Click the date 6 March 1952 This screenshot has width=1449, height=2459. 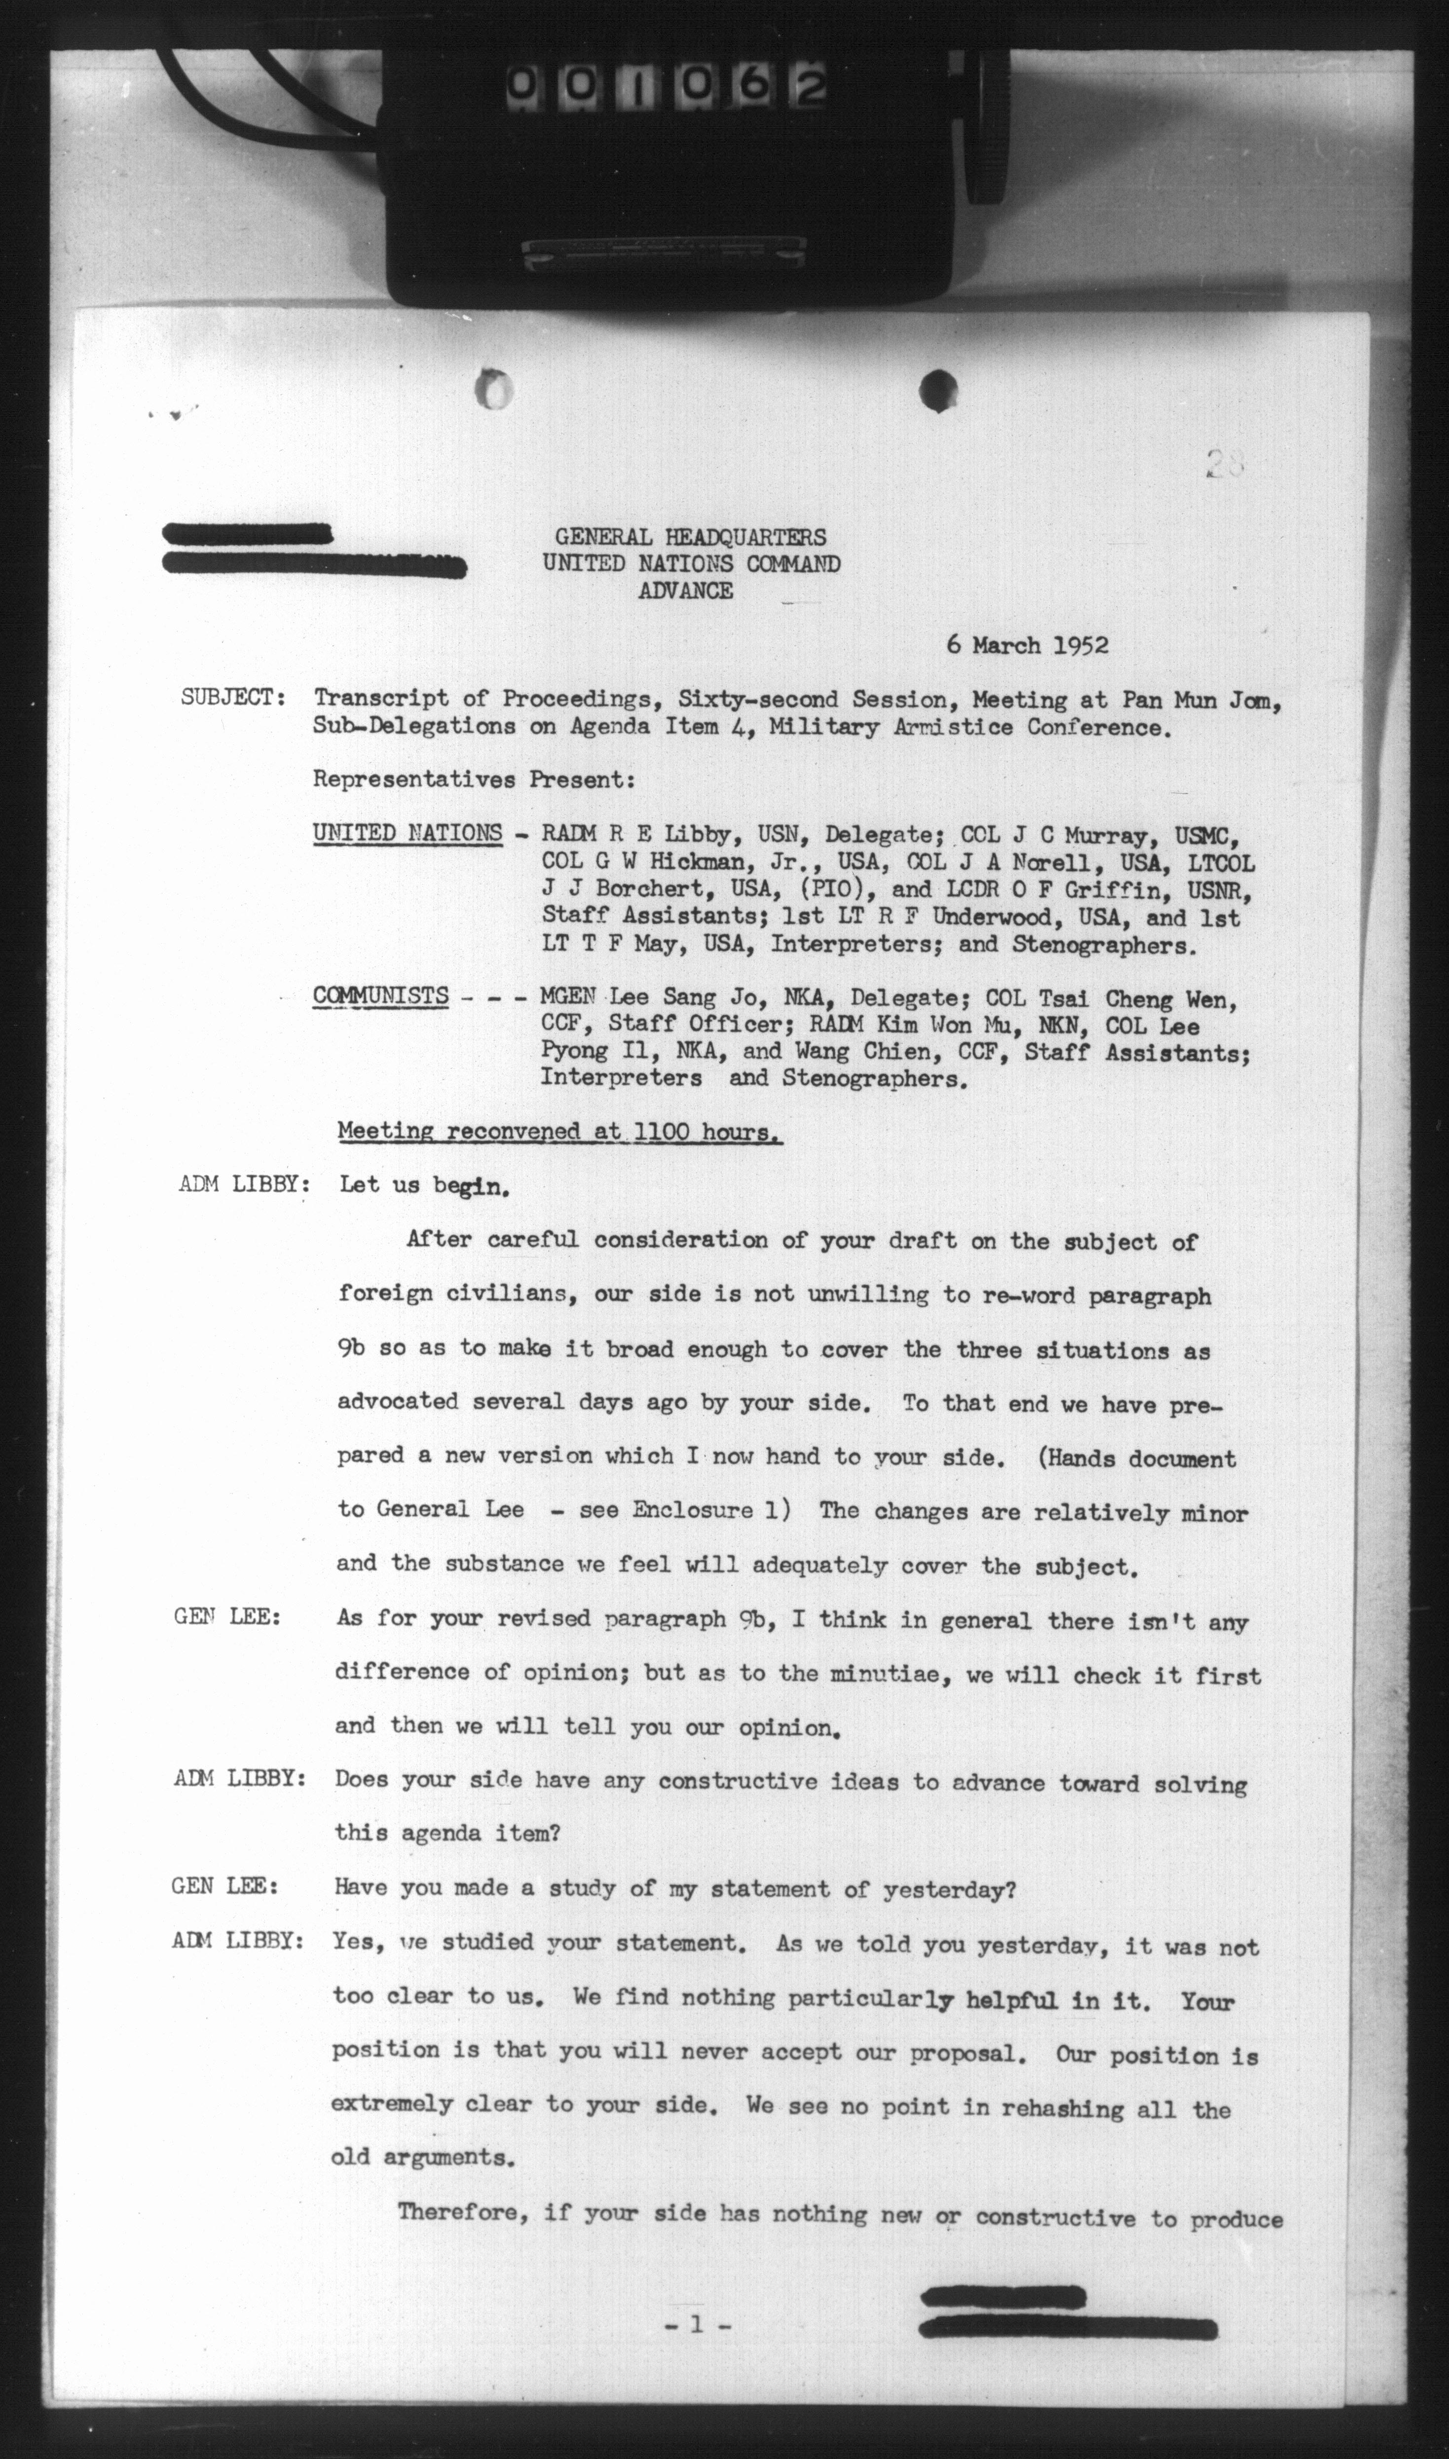[1026, 645]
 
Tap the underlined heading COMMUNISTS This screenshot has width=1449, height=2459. [381, 997]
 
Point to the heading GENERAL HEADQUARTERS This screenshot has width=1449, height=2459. [690, 537]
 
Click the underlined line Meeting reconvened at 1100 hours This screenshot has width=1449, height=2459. [558, 1133]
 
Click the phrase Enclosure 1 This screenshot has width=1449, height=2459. [710, 1509]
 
